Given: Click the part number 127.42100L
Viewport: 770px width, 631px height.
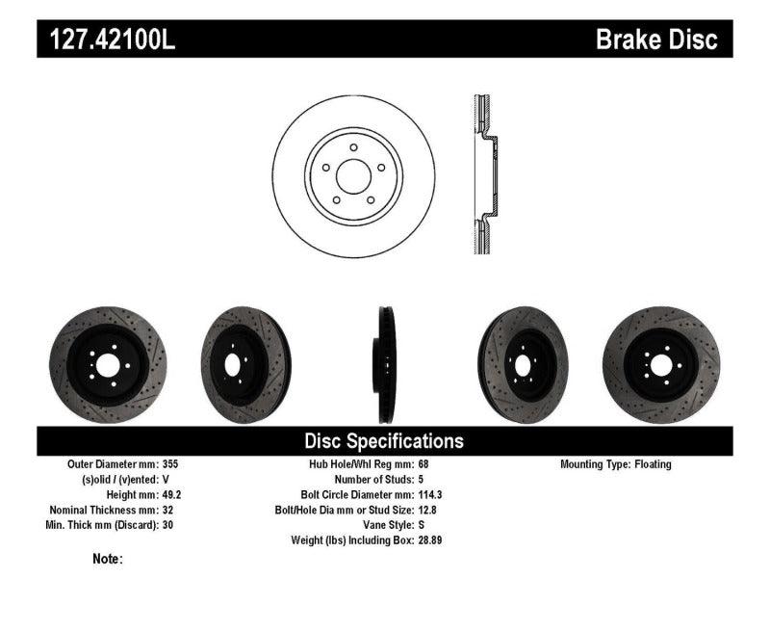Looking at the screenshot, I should tap(107, 40).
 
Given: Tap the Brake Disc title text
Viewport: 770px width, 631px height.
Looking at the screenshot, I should tap(656, 40).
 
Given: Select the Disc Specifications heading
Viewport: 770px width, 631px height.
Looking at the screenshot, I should tap(384, 441).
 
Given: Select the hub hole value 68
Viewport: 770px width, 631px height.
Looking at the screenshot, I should tap(424, 464).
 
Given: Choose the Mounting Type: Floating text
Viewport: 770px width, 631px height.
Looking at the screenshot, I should tap(616, 464).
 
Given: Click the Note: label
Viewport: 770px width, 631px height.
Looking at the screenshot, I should tap(108, 559).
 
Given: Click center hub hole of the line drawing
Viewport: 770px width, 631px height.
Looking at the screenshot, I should tap(353, 174).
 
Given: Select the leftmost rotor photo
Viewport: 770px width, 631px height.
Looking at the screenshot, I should tap(108, 364).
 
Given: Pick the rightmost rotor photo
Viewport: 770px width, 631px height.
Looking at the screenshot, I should tap(660, 364).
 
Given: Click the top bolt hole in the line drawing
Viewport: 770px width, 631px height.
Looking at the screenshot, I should tap(353, 147).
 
